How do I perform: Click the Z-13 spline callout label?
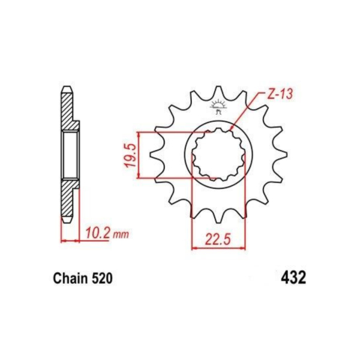click(280, 95)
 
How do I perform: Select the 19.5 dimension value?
click(130, 155)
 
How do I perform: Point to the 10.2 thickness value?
click(97, 233)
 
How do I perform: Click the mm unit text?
click(121, 235)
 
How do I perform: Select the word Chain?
click(70, 278)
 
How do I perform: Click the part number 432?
click(293, 278)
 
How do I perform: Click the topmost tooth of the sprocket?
click(218, 92)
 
